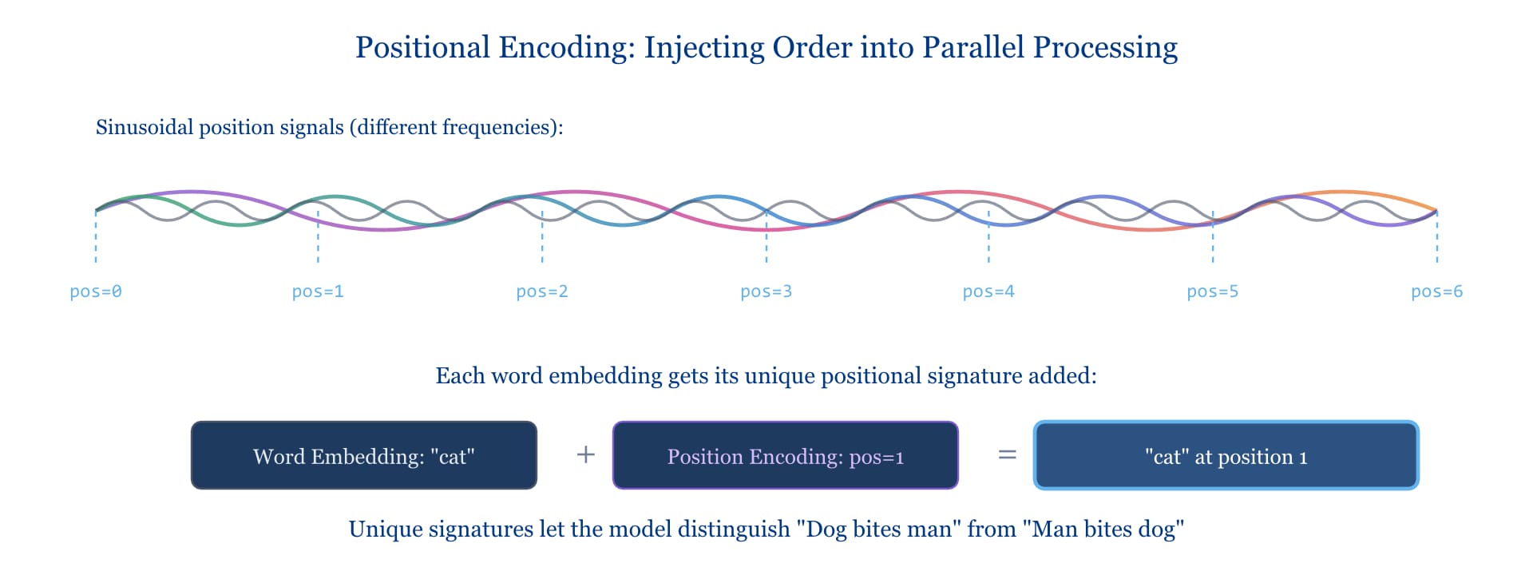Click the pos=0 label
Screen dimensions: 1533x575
tap(96, 291)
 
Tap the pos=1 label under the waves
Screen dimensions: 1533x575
tap(318, 291)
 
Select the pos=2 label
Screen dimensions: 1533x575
tap(542, 291)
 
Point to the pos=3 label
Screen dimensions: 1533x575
tap(766, 291)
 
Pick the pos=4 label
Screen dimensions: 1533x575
tap(988, 291)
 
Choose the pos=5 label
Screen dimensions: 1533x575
tap(1213, 291)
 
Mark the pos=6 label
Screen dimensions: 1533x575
tap(1437, 291)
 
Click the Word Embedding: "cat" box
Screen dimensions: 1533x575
tap(364, 455)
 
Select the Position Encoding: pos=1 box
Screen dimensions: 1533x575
tap(786, 455)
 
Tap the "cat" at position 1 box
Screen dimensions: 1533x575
tap(1226, 455)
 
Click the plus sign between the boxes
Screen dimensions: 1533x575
tap(586, 454)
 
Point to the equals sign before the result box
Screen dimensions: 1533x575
tap(1008, 454)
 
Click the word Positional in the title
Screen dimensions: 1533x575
tap(422, 47)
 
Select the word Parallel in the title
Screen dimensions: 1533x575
tap(973, 47)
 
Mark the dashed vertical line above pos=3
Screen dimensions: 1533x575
tap(766, 236)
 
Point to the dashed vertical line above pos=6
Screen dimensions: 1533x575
tap(1437, 236)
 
